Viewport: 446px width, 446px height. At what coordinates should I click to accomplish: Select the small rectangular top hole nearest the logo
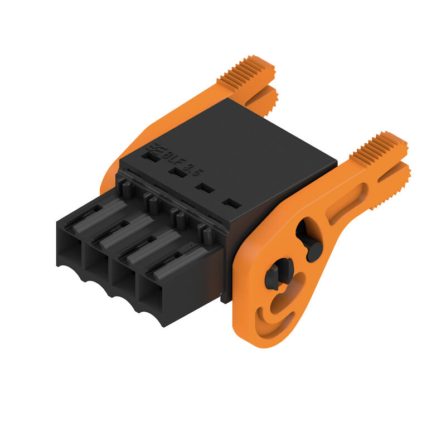150,157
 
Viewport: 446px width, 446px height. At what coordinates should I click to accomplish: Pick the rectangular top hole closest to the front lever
231,203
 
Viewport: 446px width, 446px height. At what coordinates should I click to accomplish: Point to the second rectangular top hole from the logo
178,173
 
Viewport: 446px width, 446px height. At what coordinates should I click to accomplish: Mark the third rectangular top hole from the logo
206,188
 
